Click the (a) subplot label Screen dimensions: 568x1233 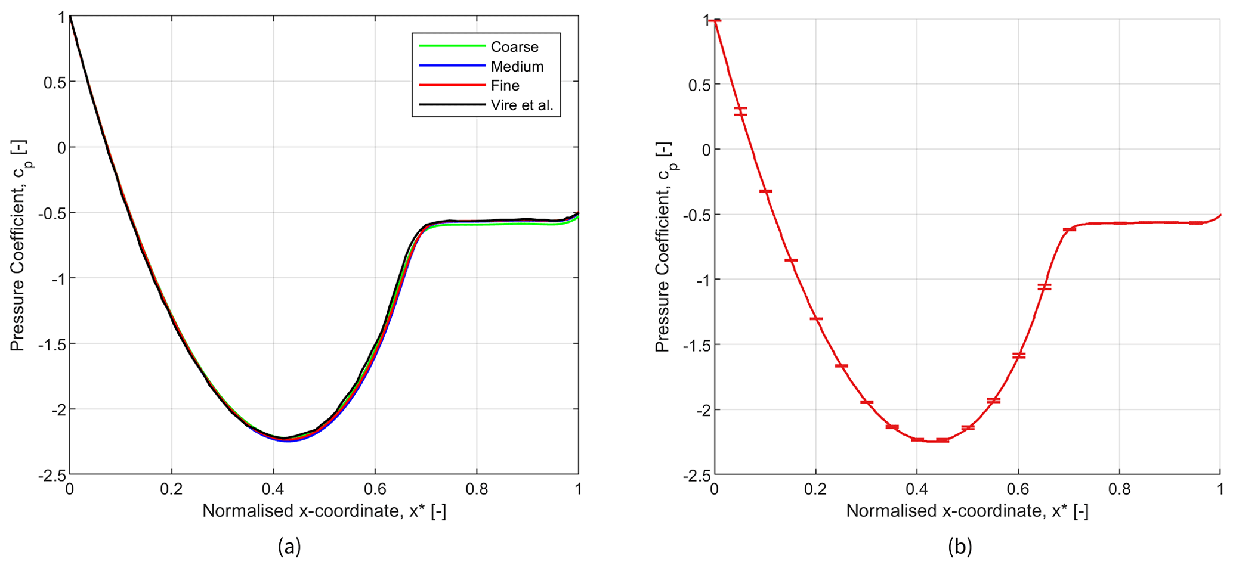point(289,546)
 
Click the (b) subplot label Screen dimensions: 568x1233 point(960,546)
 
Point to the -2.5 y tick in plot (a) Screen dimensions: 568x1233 point(52,475)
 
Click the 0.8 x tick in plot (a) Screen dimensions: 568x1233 point(477,490)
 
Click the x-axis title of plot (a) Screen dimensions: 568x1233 point(324,511)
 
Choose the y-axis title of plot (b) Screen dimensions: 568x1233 point(663,247)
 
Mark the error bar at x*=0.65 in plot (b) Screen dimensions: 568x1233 point(1044,287)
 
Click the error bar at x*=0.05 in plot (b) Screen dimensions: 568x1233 point(740,111)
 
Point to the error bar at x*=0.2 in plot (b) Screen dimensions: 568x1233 point(816,319)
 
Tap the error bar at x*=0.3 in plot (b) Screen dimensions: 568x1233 point(867,402)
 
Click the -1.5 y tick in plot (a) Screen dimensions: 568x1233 point(52,344)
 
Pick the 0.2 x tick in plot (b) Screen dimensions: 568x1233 point(815,490)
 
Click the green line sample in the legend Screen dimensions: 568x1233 point(452,46)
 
